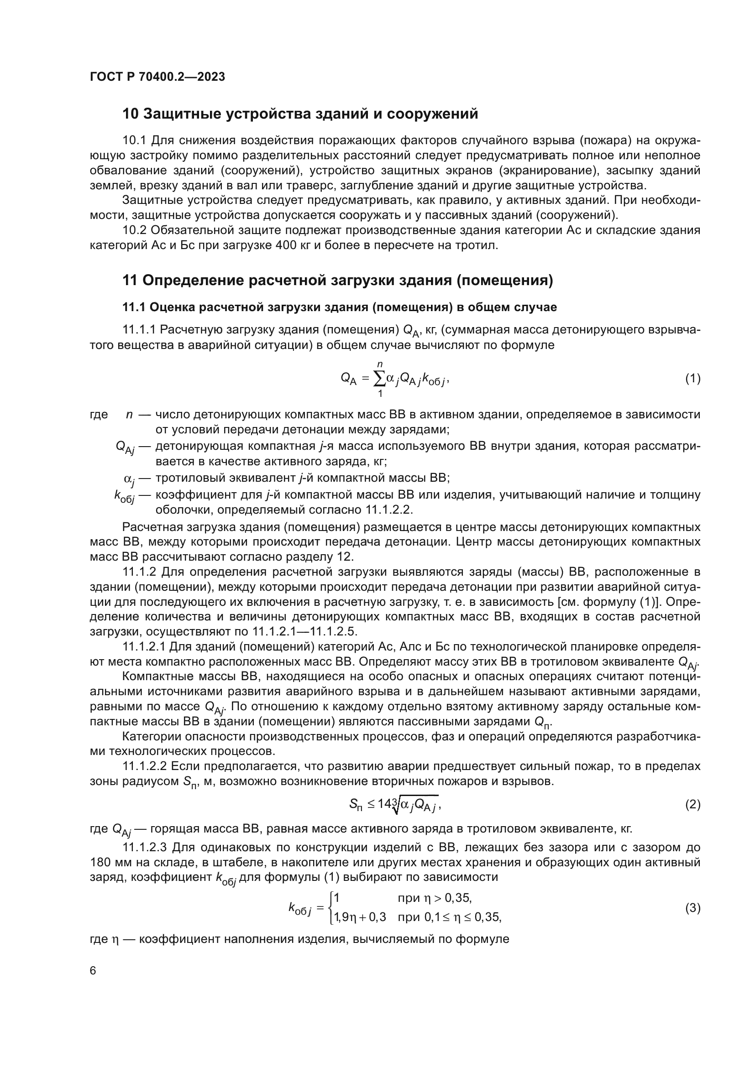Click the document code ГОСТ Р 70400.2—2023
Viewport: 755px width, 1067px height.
(157, 77)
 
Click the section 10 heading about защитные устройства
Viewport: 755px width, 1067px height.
(300, 114)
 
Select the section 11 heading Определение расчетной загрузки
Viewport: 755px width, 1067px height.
(337, 281)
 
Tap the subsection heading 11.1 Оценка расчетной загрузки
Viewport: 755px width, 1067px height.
(339, 307)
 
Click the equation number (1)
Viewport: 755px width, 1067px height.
(692, 379)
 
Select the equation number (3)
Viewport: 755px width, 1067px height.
(692, 921)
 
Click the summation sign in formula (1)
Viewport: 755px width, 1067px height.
(379, 379)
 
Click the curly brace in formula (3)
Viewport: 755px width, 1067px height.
(330, 921)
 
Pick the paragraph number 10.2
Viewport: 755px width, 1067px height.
(134, 230)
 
